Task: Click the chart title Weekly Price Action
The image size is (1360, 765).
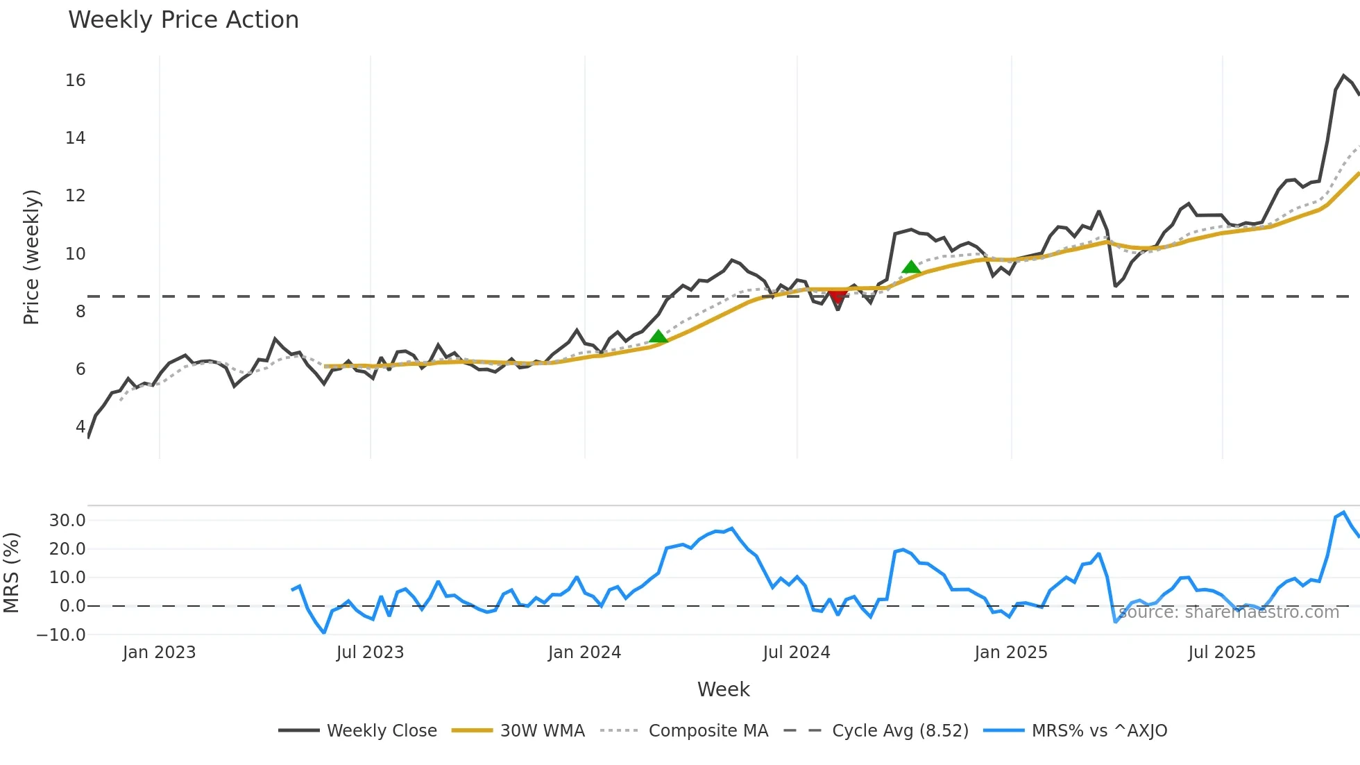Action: click(x=183, y=20)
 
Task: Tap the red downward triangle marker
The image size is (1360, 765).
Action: click(x=838, y=297)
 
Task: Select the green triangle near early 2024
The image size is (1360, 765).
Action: click(x=658, y=337)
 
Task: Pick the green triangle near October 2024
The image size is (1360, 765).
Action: click(x=911, y=267)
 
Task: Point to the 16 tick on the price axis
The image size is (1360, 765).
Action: click(x=76, y=81)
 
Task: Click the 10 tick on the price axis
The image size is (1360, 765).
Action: click(x=76, y=254)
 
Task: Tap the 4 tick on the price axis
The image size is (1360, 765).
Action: click(x=80, y=427)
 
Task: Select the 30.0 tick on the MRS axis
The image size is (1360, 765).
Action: click(x=67, y=521)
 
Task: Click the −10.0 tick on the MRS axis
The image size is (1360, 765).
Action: click(x=61, y=634)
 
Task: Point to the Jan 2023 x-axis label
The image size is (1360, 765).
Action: click(x=159, y=653)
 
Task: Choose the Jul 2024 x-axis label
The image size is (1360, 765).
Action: click(x=796, y=653)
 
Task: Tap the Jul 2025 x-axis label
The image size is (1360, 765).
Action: click(x=1221, y=653)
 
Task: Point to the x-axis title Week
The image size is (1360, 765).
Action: click(x=723, y=689)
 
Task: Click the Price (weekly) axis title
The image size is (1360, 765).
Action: click(x=32, y=257)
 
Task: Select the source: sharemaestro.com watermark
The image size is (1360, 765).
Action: click(x=1228, y=612)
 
